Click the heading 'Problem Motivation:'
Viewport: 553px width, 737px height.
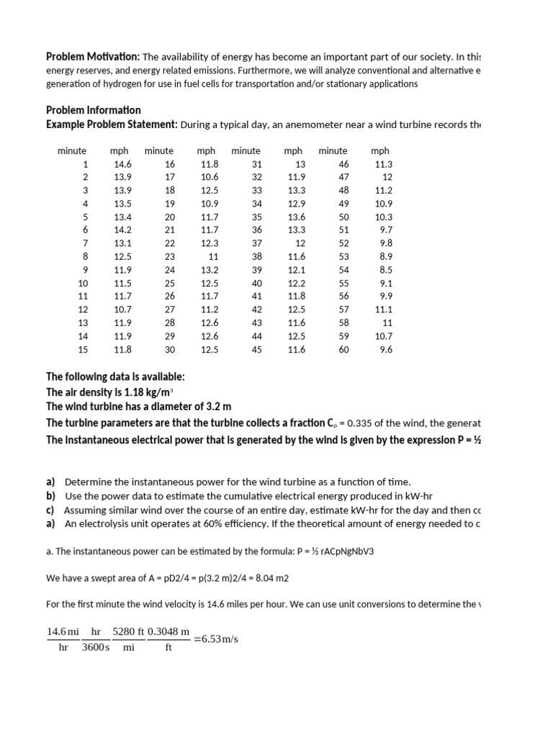[x=93, y=57]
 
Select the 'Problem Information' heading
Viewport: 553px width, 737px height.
[x=94, y=110]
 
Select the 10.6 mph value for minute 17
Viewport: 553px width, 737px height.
[x=210, y=177]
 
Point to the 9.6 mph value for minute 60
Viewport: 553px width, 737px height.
[x=385, y=350]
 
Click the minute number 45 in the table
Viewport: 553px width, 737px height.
[x=256, y=350]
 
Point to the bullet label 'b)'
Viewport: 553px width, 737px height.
[x=51, y=496]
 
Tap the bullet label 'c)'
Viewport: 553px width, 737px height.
[x=51, y=510]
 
